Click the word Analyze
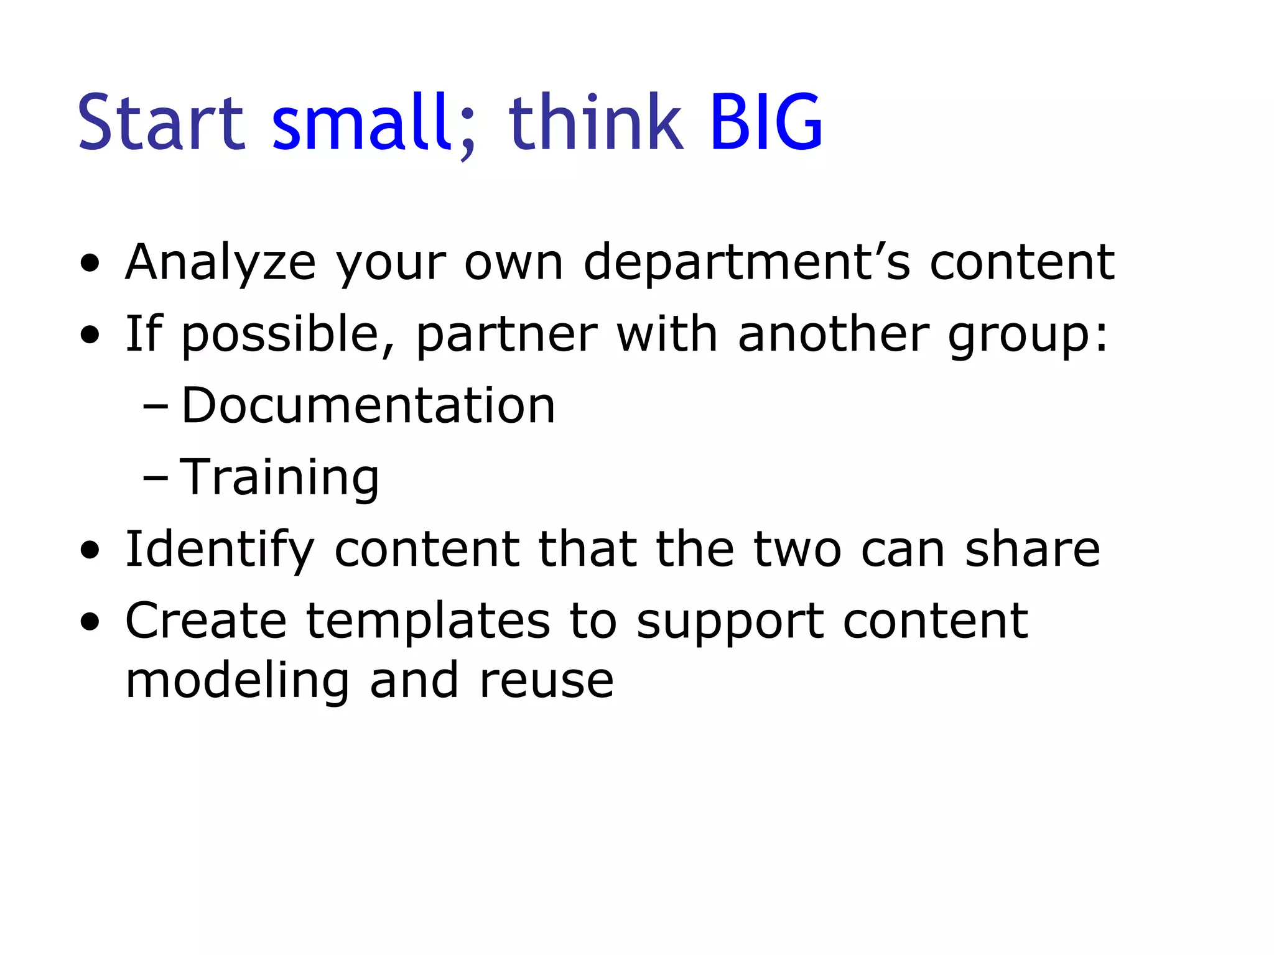220,263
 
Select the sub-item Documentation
368,405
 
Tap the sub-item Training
279,477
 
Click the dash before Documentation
155,407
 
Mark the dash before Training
155,479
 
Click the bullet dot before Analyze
90,264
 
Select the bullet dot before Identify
90,550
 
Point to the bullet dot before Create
90,622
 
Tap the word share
1032,549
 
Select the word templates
428,622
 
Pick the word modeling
237,681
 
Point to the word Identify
220,550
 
